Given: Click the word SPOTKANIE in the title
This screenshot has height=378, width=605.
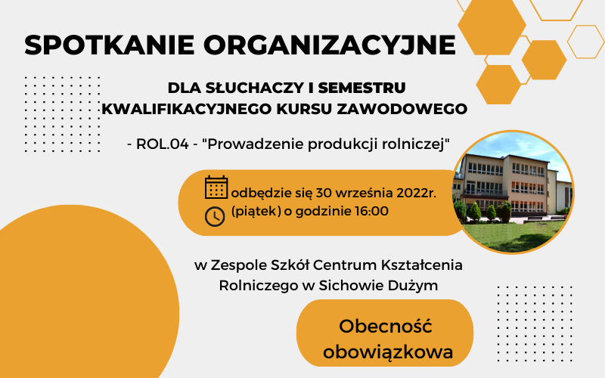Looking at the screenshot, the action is tap(109, 45).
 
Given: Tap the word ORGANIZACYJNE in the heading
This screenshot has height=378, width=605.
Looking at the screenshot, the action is tap(330, 45).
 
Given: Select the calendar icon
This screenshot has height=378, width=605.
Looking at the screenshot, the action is tap(216, 187).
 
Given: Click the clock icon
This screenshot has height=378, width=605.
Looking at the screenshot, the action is tap(215, 216).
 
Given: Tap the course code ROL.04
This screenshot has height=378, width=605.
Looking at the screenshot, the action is tap(163, 144).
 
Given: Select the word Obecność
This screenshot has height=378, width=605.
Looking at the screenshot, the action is tap(386, 327).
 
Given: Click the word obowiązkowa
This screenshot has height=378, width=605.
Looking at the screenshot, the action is tap(388, 352).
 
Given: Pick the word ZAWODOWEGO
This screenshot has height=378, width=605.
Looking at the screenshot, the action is tap(402, 109).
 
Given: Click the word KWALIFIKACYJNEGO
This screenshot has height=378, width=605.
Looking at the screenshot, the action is tap(187, 109).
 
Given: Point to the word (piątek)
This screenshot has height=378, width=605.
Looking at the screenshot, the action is tap(256, 212).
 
